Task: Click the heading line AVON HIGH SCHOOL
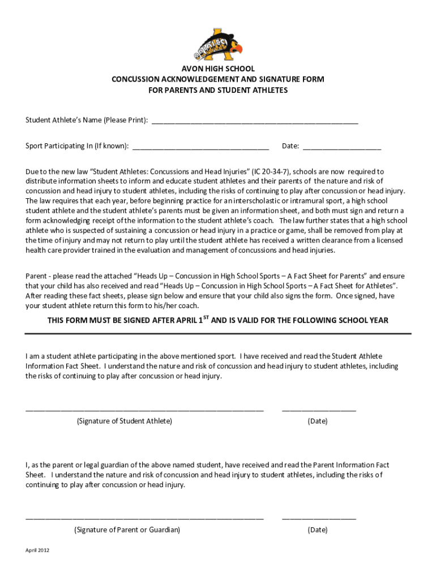point(217,69)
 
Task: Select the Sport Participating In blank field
point(200,148)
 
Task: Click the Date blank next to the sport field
point(342,148)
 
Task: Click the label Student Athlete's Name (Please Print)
point(87,120)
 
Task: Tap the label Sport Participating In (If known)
point(76,146)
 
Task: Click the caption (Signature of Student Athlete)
point(125,421)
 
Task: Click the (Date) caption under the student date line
point(318,421)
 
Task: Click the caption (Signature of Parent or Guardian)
point(127,530)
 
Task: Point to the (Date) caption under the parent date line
point(318,530)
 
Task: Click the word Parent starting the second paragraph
point(37,276)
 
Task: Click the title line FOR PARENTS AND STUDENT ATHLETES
point(217,90)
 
